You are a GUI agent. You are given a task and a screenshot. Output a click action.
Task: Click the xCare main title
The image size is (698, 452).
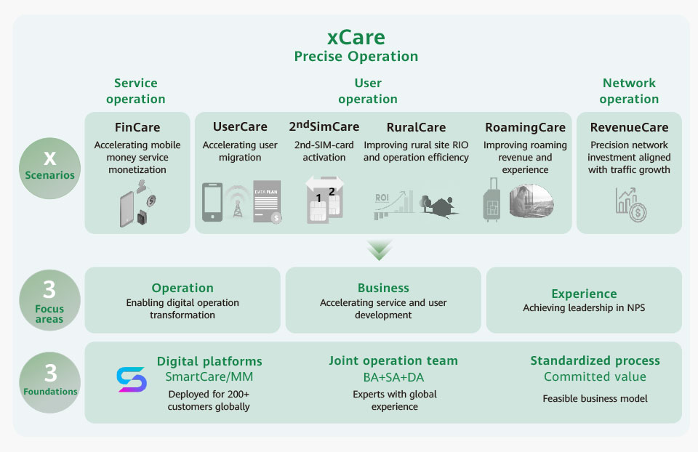(x=356, y=38)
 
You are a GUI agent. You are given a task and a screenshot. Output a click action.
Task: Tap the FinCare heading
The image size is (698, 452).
(x=137, y=127)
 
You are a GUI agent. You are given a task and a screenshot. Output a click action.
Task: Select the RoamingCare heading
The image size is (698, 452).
(x=525, y=128)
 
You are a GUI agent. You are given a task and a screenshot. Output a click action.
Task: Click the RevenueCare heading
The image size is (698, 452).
(x=629, y=127)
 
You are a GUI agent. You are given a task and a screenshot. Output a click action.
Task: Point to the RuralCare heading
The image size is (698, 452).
(x=416, y=127)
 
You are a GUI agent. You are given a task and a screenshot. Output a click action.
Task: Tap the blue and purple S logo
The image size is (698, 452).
(x=132, y=379)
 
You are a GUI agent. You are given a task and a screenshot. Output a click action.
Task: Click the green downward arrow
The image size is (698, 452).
(x=380, y=249)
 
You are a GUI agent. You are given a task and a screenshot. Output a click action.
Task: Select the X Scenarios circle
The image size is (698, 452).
(x=50, y=168)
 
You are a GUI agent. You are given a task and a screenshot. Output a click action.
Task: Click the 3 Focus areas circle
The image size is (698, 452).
(x=50, y=300)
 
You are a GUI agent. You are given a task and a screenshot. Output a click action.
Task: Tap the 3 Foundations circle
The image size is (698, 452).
(x=50, y=382)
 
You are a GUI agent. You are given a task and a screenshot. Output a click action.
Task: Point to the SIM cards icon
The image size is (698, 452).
(x=324, y=200)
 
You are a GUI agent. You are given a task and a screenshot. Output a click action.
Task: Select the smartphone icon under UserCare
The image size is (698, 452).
(x=212, y=202)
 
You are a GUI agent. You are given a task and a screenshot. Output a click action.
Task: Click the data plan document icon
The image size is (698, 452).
(x=267, y=201)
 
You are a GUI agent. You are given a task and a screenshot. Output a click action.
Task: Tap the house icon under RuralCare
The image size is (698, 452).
(x=439, y=206)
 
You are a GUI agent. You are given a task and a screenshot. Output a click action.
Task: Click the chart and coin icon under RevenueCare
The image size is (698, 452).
(x=631, y=205)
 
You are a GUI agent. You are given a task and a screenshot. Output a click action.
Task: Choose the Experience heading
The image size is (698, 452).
(x=584, y=294)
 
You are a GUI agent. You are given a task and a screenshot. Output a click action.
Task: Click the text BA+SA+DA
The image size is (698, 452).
(x=393, y=377)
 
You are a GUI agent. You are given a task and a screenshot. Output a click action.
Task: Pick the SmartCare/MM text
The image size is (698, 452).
(x=209, y=377)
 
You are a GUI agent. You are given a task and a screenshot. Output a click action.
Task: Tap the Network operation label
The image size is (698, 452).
(x=629, y=91)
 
